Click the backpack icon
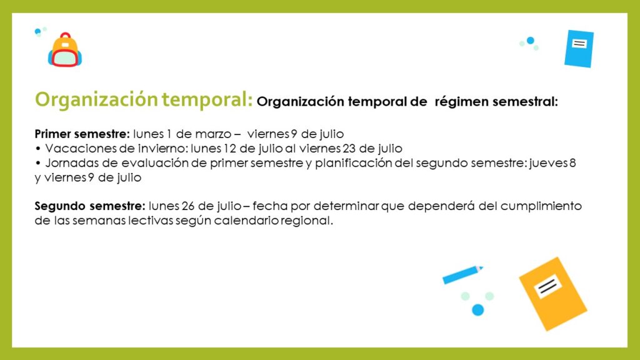(x=65, y=50)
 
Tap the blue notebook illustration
(x=579, y=49)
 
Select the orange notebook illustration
(x=553, y=294)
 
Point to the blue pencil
(x=463, y=275)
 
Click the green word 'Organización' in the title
(x=96, y=100)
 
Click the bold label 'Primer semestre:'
(x=82, y=134)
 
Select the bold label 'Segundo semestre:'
(x=90, y=206)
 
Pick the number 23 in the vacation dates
(x=349, y=148)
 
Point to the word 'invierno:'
(x=167, y=148)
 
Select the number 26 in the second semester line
(x=188, y=206)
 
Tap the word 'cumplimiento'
(x=541, y=206)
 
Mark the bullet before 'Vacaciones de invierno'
(x=38, y=149)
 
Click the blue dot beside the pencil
(x=478, y=310)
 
